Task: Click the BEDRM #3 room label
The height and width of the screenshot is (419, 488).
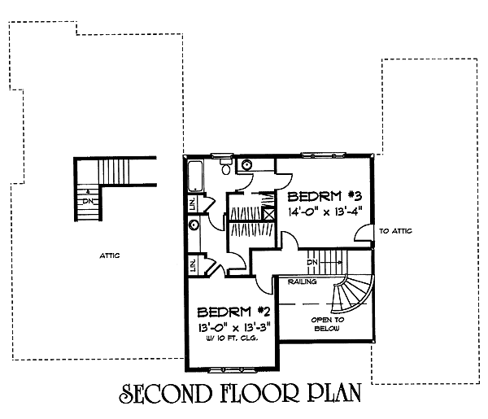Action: [x=325, y=196]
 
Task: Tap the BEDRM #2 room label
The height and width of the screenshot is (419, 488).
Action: [x=233, y=312]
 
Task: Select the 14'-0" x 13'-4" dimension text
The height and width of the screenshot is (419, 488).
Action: [x=325, y=212]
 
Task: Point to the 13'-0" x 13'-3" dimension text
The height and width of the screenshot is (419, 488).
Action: [x=234, y=328]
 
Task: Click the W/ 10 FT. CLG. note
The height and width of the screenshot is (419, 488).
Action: [x=231, y=338]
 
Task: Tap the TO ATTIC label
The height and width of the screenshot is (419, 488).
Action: [x=395, y=231]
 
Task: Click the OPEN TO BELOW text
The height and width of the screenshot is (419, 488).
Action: [x=328, y=324]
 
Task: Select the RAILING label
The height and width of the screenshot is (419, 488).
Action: [x=303, y=282]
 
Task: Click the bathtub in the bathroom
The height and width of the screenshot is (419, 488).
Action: [x=196, y=177]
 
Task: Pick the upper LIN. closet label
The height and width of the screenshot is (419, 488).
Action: [x=193, y=203]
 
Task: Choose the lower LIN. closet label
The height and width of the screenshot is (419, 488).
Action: [x=193, y=265]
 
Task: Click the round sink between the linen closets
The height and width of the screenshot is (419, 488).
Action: [x=194, y=225]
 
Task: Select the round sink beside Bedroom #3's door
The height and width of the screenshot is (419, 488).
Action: [x=247, y=164]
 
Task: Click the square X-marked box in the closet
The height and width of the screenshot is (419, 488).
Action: [x=269, y=214]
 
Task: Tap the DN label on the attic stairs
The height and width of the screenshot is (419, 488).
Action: [x=88, y=202]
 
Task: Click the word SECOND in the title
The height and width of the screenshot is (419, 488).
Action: [x=165, y=394]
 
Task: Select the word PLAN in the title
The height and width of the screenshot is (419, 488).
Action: [x=335, y=393]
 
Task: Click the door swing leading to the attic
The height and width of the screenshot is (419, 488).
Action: [x=364, y=233]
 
